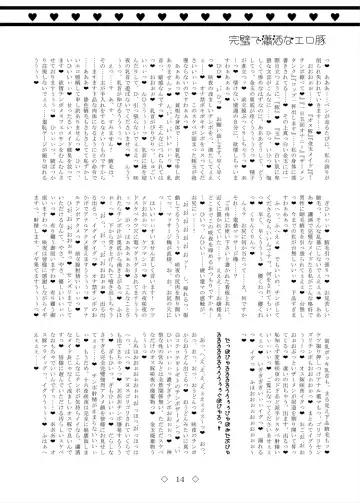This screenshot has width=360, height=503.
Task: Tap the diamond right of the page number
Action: [203, 480]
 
